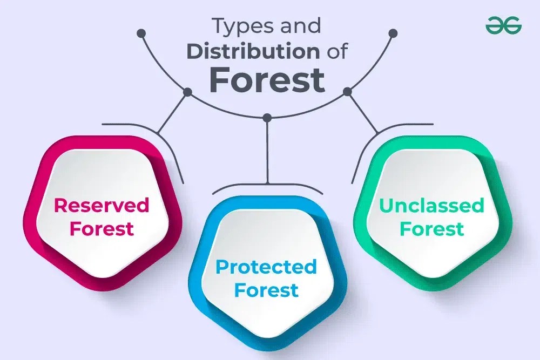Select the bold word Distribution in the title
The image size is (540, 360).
(252, 51)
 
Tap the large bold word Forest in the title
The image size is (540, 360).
(267, 79)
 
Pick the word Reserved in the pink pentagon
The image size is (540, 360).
(101, 205)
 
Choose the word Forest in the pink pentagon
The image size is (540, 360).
(101, 228)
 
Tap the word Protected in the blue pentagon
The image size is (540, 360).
(266, 267)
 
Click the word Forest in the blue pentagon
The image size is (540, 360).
(266, 290)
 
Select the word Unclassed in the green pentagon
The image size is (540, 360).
(431, 205)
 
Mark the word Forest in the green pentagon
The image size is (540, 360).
(431, 228)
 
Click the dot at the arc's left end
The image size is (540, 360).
(141, 33)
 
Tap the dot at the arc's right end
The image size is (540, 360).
(393, 33)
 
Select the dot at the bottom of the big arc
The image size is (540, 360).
(267, 117)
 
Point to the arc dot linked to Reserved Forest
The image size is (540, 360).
(187, 92)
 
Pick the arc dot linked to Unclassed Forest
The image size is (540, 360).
(347, 92)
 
